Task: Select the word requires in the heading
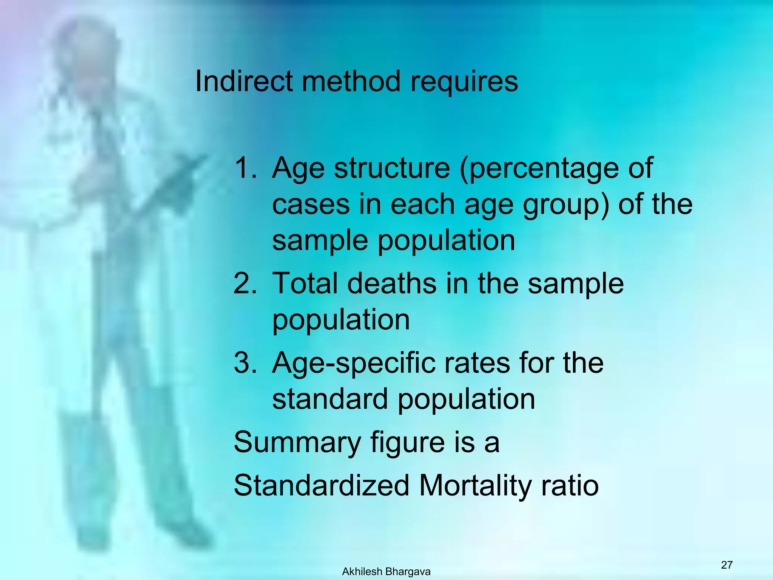pyautogui.click(x=464, y=82)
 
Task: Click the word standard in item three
pyautogui.click(x=330, y=399)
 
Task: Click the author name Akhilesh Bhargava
pyautogui.click(x=386, y=572)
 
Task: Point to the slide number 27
pyautogui.click(x=727, y=565)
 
